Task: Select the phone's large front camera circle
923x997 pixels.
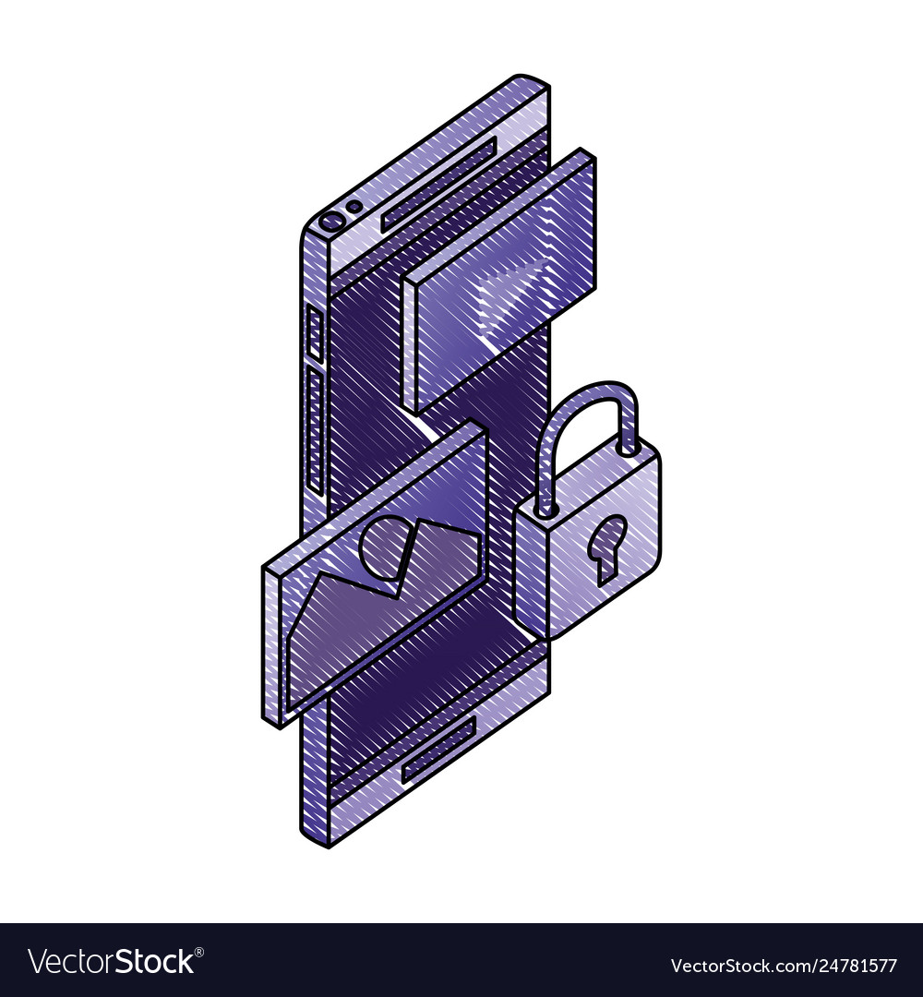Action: tap(330, 222)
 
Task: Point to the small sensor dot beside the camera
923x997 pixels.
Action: tap(353, 207)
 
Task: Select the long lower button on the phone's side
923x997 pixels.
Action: tap(314, 429)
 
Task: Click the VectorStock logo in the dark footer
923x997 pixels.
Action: tap(111, 962)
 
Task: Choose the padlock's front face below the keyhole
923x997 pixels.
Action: tap(591, 600)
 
